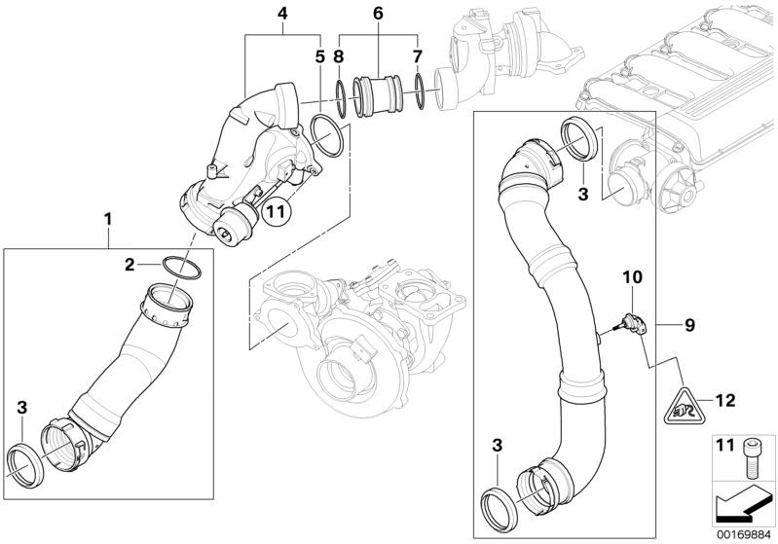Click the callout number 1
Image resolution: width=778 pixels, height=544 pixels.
tap(108, 221)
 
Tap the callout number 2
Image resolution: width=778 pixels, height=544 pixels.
tap(129, 263)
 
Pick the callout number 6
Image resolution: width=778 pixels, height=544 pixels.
tap(379, 14)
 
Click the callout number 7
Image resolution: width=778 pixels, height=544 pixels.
tap(417, 55)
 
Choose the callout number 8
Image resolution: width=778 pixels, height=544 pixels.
tap(339, 55)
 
